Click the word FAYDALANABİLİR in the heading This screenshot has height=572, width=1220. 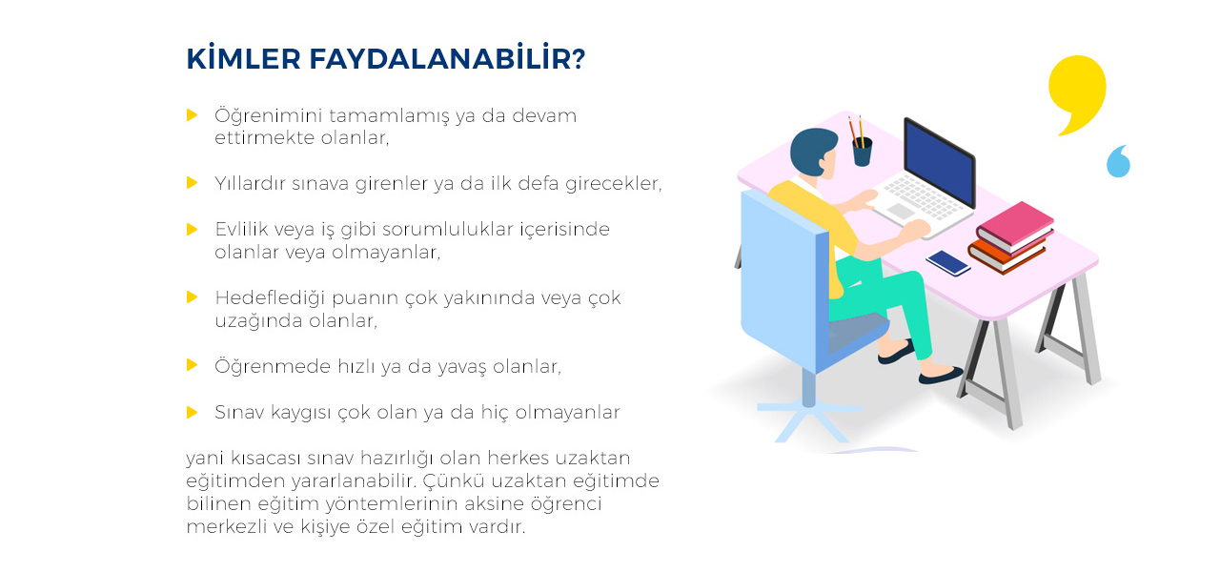tap(447, 58)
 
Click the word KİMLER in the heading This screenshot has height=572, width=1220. tap(243, 58)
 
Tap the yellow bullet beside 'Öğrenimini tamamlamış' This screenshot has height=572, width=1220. tap(192, 115)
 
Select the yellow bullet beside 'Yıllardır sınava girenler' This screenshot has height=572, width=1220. tap(192, 182)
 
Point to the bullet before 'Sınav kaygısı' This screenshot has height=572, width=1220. tap(192, 412)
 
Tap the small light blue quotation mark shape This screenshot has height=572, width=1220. tap(1119, 161)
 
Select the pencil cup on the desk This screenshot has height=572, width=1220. tap(863, 152)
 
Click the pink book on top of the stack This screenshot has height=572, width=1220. tap(1015, 224)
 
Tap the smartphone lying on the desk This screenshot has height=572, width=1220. tap(948, 262)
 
